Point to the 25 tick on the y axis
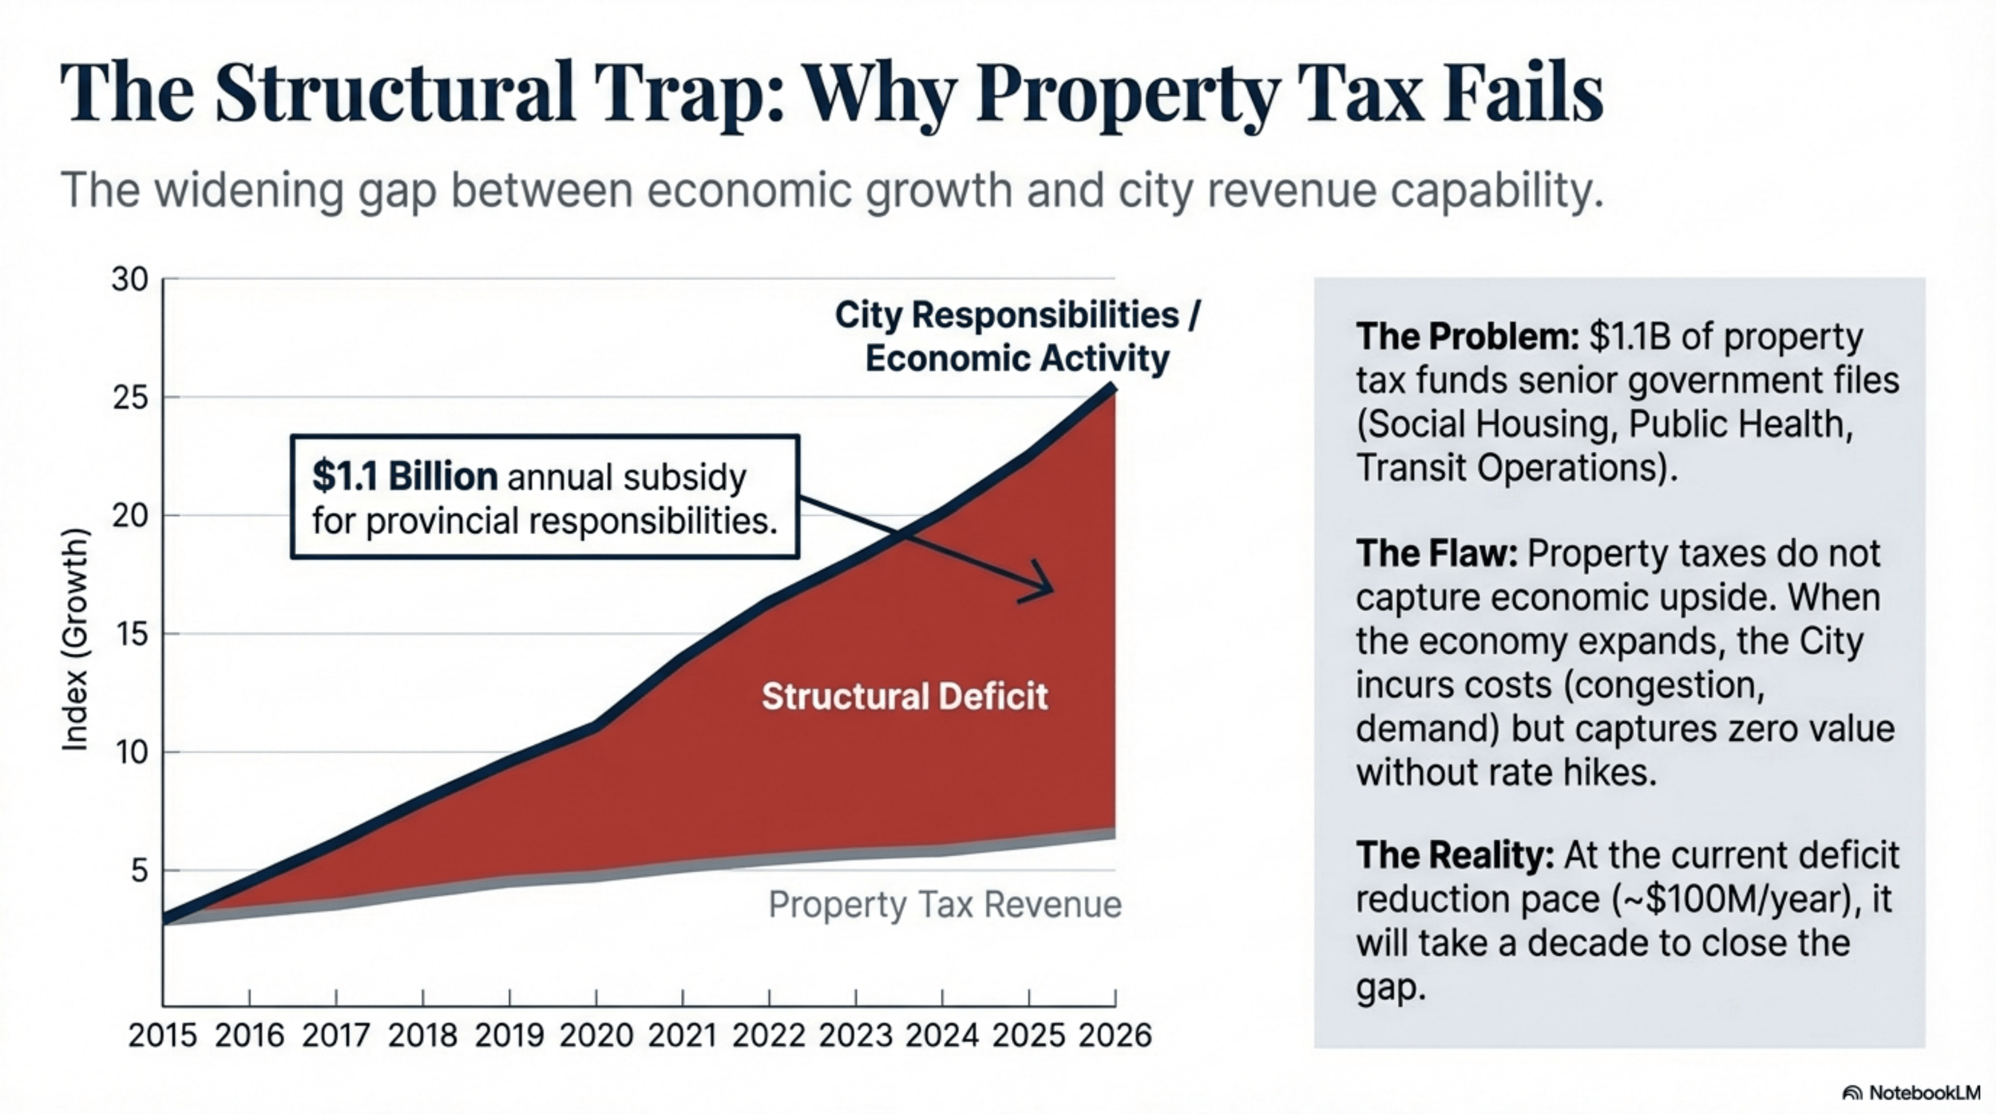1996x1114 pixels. (130, 398)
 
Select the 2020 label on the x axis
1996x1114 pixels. (596, 1036)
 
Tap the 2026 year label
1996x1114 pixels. (1115, 1036)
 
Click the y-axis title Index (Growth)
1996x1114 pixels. (75, 639)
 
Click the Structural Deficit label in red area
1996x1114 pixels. (904, 696)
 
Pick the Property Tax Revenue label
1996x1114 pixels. (945, 905)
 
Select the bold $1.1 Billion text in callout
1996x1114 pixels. (405, 477)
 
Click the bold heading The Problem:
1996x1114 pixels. (1467, 336)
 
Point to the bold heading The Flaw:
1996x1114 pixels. (1436, 553)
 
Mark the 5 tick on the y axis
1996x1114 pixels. (139, 870)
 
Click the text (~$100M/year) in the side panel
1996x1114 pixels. (1732, 899)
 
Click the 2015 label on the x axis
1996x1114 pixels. (163, 1036)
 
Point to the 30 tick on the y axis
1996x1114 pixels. (130, 279)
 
